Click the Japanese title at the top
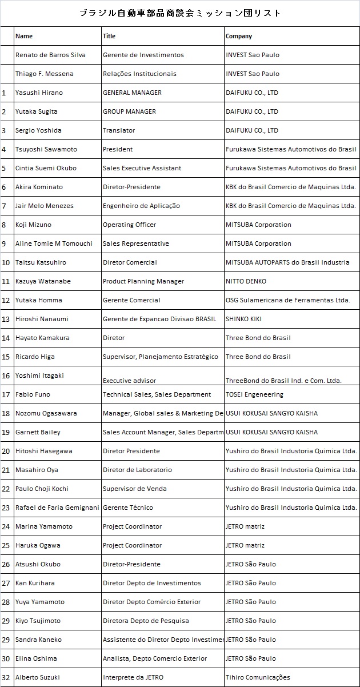click(180, 13)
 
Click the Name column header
click(24, 36)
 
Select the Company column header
click(239, 36)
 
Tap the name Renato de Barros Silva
click(50, 55)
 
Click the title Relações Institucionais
click(139, 74)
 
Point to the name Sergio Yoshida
click(38, 130)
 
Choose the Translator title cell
click(119, 130)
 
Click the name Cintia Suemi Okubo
click(46, 168)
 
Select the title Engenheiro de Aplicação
click(141, 206)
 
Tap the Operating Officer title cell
click(129, 225)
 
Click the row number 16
click(6, 376)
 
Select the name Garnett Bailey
click(38, 432)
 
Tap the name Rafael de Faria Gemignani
click(57, 508)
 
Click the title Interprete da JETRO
click(133, 677)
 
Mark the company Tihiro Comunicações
click(258, 677)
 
